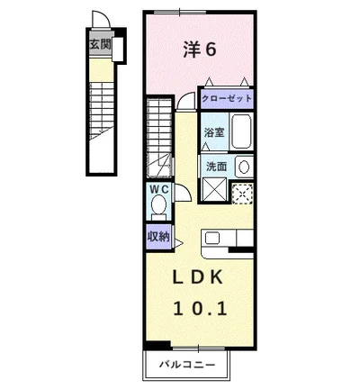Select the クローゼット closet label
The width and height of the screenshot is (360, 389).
click(x=226, y=98)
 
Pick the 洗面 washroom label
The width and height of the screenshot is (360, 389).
click(x=216, y=166)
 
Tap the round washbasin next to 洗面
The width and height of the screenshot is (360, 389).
click(x=242, y=166)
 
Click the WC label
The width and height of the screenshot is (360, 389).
click(x=158, y=190)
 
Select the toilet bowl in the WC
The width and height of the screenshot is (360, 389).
click(x=159, y=207)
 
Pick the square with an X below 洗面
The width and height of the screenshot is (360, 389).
click(x=215, y=191)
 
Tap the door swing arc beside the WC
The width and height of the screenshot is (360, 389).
click(x=179, y=190)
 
